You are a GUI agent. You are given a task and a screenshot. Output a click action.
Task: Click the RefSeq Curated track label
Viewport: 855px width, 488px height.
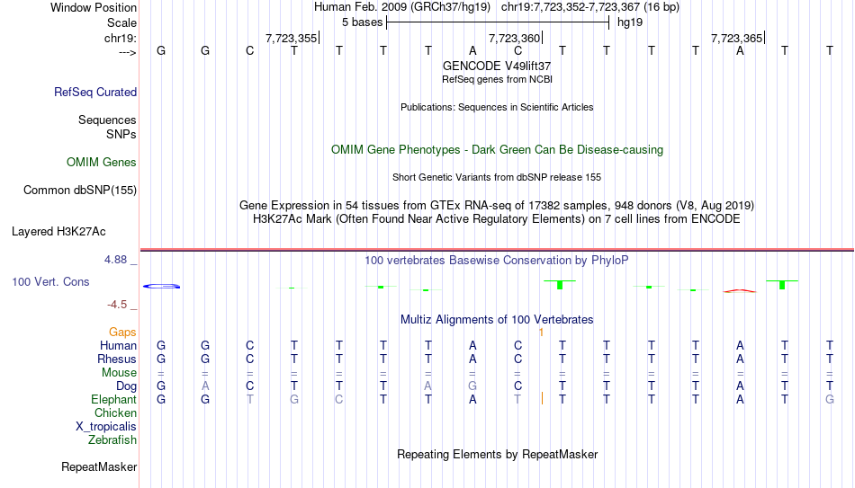click(x=95, y=92)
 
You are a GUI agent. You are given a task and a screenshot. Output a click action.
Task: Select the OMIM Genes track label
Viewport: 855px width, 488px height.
click(x=102, y=163)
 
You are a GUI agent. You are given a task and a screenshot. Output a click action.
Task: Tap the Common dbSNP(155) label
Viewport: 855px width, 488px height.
click(x=80, y=191)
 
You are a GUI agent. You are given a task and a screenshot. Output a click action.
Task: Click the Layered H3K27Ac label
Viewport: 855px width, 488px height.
click(x=58, y=232)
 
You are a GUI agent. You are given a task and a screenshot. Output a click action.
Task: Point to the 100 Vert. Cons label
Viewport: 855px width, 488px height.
click(x=50, y=281)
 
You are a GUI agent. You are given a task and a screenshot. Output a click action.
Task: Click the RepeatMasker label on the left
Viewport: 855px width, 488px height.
click(x=99, y=466)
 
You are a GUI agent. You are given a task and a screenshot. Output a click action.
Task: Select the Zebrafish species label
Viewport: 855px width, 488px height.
click(x=112, y=439)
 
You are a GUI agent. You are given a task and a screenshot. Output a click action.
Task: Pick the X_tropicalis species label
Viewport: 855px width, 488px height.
click(x=106, y=427)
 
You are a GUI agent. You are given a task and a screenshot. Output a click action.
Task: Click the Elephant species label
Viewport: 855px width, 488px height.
click(x=113, y=400)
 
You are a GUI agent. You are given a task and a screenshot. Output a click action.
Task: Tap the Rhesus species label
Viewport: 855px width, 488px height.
click(x=117, y=359)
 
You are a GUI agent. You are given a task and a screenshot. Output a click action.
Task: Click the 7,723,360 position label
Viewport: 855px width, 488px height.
click(x=514, y=38)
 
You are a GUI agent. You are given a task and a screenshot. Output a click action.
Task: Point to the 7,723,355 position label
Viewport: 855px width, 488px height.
click(x=292, y=38)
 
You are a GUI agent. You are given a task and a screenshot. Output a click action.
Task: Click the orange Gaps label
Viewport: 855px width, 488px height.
click(x=122, y=333)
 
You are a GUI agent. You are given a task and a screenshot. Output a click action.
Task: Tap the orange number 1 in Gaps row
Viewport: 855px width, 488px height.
click(x=541, y=333)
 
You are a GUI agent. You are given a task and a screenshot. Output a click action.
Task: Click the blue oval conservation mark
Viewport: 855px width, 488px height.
click(x=161, y=286)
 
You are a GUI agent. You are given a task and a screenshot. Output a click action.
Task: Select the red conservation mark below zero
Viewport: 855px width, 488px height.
click(x=740, y=291)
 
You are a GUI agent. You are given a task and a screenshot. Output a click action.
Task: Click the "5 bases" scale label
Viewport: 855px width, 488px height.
click(x=362, y=22)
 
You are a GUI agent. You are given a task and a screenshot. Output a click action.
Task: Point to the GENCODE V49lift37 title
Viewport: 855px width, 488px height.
click(x=497, y=66)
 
